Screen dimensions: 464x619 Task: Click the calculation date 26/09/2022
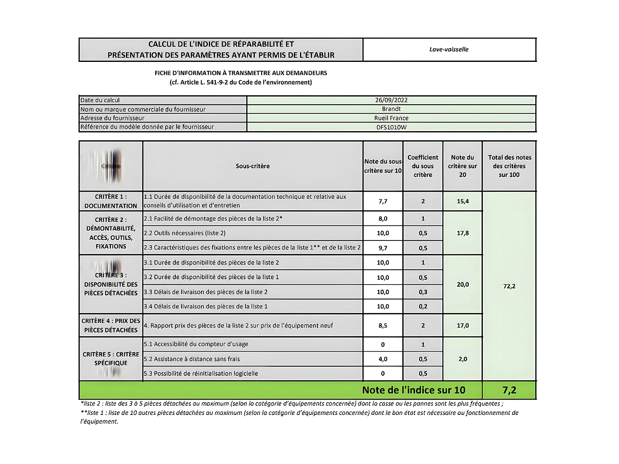click(391, 100)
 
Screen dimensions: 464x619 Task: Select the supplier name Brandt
click(391, 109)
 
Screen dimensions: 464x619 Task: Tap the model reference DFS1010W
click(391, 127)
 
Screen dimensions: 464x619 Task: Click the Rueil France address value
click(391, 118)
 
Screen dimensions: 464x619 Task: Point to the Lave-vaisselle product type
click(449, 49)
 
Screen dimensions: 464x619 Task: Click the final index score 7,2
click(509, 390)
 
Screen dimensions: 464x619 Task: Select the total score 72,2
click(509, 286)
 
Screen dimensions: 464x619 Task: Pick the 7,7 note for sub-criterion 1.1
click(383, 201)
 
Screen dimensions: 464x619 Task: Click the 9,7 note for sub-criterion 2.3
click(383, 248)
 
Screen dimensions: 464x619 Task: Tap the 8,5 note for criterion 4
click(383, 325)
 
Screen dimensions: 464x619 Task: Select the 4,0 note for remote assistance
click(383, 359)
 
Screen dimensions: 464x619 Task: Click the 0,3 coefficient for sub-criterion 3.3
click(423, 292)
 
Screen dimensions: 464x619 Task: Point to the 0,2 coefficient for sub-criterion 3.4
click(423, 306)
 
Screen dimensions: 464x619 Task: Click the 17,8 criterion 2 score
click(463, 233)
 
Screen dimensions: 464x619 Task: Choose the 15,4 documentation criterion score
click(463, 201)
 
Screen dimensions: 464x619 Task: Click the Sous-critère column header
click(253, 166)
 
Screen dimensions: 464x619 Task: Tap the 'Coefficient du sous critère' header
click(423, 166)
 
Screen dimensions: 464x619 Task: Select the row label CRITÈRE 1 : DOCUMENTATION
click(111, 201)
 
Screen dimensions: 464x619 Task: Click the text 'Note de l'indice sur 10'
click(413, 390)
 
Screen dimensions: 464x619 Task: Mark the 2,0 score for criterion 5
click(463, 359)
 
